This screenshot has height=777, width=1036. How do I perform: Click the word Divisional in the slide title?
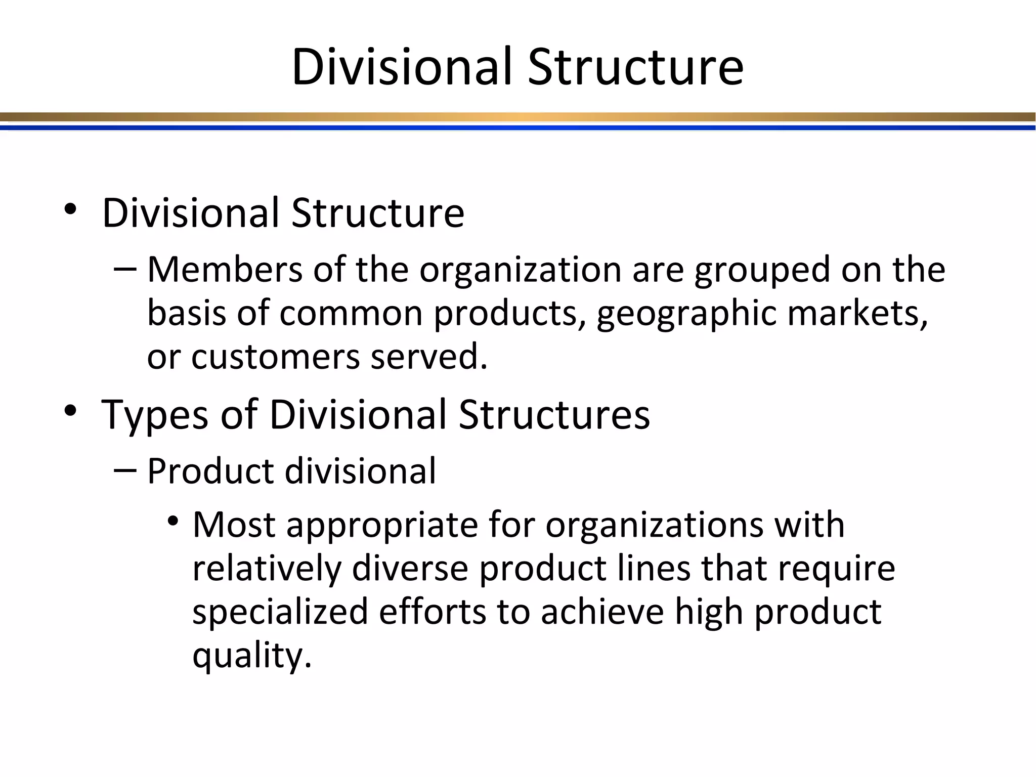click(x=402, y=67)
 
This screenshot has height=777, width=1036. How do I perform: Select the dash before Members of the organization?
click(x=125, y=269)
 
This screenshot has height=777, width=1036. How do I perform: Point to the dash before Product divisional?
click(x=125, y=470)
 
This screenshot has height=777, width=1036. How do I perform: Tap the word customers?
click(x=275, y=357)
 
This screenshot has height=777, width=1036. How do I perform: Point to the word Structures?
click(x=554, y=415)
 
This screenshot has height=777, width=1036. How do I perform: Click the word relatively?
click(x=267, y=569)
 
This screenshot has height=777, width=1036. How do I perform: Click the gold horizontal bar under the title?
click(x=518, y=117)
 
